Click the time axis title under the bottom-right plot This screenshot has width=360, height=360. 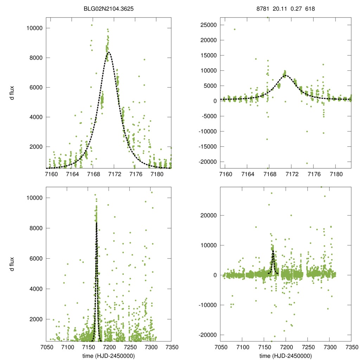pyautogui.click(x=285, y=355)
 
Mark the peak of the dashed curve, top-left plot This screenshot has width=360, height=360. pyautogui.click(x=109, y=52)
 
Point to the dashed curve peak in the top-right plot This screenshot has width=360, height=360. pyautogui.click(x=286, y=75)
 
